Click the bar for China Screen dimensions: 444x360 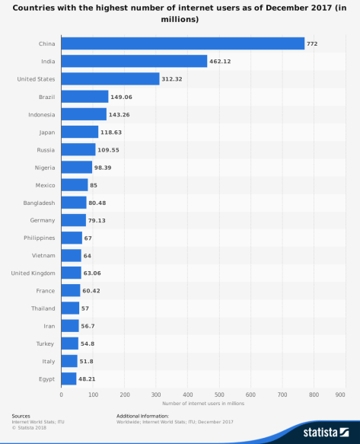tap(183, 43)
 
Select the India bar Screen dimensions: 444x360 tap(134, 61)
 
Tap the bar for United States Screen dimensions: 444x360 tap(110, 78)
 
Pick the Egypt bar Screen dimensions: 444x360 tap(68, 378)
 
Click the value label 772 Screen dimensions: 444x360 tap(312, 44)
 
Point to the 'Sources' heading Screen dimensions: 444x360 tap(21, 416)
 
